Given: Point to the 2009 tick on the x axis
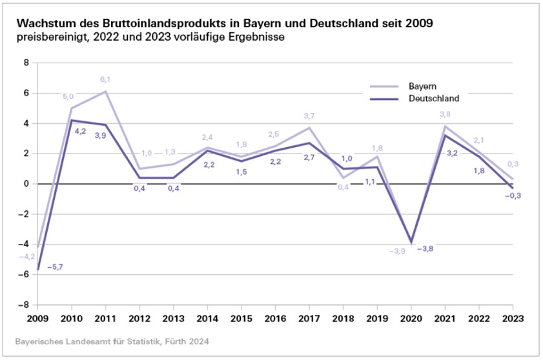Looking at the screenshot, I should pos(36,318).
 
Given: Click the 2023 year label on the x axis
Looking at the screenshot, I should pos(513,318).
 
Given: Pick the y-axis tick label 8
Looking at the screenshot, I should pos(26,63).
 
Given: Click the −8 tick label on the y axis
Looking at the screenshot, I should pos(23,305).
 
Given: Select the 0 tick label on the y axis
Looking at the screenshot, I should pos(26,184).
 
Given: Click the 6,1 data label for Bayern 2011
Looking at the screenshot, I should pos(105,80).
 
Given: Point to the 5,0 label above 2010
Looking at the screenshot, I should pos(68,97).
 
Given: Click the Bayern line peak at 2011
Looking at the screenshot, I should pos(105,92).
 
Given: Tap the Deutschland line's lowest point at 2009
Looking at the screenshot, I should pos(37,269).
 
